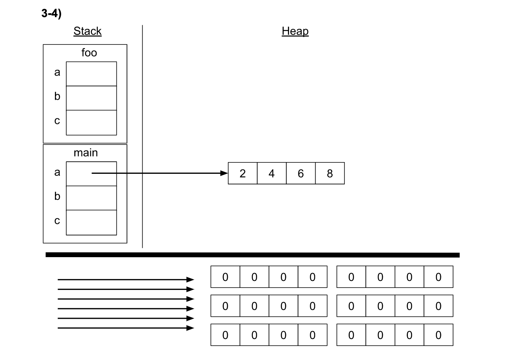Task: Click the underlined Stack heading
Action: coord(87,31)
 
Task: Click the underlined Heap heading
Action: coord(295,31)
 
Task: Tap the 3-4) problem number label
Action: coord(51,14)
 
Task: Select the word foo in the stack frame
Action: coord(89,53)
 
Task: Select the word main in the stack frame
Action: coord(86,153)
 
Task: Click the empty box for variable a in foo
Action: coord(91,74)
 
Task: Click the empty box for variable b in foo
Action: coord(91,98)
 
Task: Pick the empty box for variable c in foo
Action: coord(91,122)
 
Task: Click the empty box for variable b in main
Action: coord(91,198)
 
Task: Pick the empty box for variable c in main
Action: coord(91,222)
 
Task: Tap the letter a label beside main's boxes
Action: coord(57,172)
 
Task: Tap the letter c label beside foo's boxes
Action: coord(57,121)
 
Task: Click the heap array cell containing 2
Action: coord(242,173)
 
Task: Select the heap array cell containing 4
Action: coord(272,173)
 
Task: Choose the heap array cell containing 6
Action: coord(300,173)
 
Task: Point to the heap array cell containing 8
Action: coord(330,173)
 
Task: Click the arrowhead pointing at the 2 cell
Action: coord(224,173)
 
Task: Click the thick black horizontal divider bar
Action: coord(252,255)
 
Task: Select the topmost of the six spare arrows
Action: coord(125,279)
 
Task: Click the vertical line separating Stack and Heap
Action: coord(142,136)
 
